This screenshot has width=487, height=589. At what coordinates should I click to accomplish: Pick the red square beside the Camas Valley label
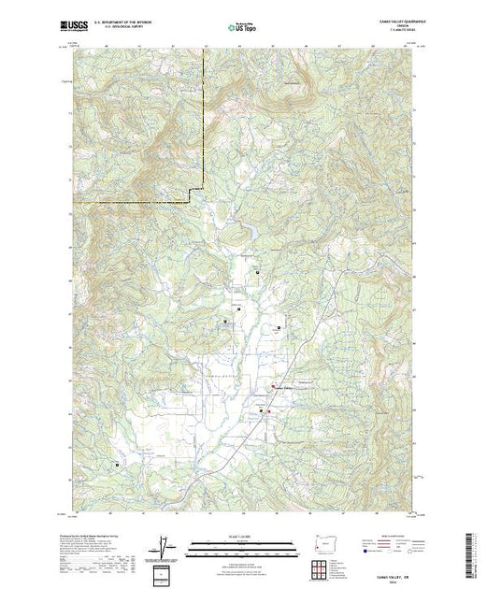(x=273, y=387)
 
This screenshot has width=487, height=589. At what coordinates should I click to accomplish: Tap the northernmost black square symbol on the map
(x=257, y=271)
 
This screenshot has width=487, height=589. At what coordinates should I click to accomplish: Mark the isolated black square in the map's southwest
(x=117, y=463)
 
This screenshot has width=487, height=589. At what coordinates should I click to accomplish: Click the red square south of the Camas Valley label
(x=268, y=411)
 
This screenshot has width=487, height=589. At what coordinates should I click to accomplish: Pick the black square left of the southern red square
(x=260, y=409)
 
